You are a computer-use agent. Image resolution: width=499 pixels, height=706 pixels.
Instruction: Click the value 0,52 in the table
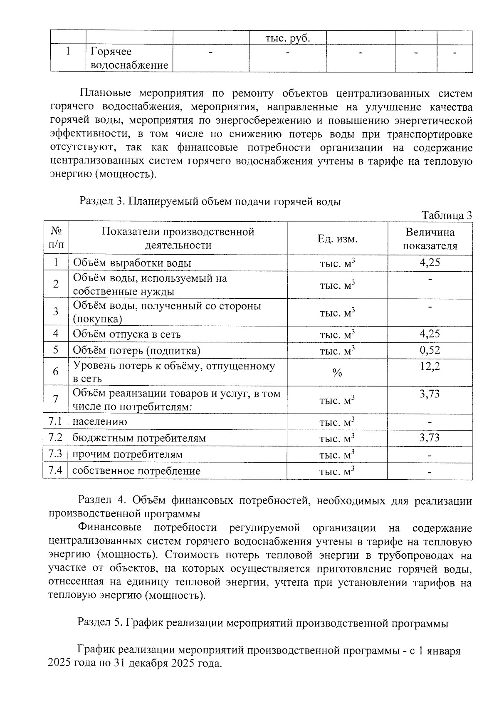tap(430, 350)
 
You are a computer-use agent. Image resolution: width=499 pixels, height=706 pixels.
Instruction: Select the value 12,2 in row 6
tap(430, 367)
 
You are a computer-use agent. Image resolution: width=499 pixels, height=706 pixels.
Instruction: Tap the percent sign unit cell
tap(337, 372)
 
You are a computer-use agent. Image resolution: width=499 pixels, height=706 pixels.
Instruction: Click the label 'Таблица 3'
tap(447, 215)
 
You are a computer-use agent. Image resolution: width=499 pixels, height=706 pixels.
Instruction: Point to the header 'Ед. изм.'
tap(337, 239)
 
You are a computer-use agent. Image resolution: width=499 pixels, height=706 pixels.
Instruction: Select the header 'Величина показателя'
tap(430, 239)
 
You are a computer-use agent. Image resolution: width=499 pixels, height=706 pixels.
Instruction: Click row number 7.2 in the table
tap(55, 438)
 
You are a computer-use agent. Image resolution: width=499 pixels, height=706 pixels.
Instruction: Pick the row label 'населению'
tap(100, 421)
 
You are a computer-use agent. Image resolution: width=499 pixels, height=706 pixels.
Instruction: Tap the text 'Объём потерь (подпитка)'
tap(136, 350)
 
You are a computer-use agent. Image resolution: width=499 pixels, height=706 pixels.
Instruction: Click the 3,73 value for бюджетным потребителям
tap(430, 438)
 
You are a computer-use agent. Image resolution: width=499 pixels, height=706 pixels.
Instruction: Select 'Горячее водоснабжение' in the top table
tap(129, 58)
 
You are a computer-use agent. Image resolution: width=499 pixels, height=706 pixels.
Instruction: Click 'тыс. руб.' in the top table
tap(288, 38)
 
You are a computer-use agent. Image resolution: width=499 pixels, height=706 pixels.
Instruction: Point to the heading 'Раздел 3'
tap(102, 202)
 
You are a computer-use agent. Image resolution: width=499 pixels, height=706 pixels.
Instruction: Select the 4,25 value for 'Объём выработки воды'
tap(430, 263)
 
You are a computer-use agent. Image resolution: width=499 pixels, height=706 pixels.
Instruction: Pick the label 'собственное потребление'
tap(136, 471)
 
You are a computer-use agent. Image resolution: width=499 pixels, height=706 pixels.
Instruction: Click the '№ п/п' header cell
tap(56, 238)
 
